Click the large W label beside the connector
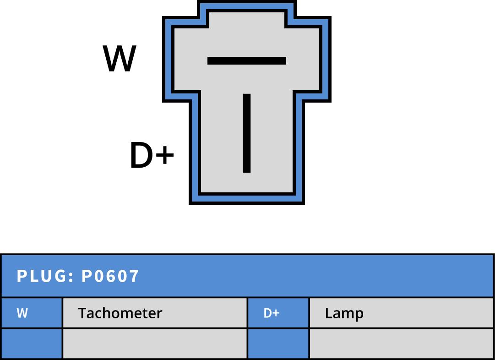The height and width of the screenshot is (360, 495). (x=120, y=59)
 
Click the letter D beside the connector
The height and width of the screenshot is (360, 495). (x=141, y=155)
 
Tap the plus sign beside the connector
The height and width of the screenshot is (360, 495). (x=164, y=155)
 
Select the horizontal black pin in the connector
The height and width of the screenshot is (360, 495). (x=246, y=60)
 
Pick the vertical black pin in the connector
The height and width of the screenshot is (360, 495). (x=246, y=133)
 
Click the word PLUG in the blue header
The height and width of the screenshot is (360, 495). (x=42, y=276)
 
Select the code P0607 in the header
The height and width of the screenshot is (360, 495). (x=110, y=276)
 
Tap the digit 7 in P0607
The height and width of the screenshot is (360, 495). (x=133, y=276)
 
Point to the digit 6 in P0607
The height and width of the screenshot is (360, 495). (x=110, y=276)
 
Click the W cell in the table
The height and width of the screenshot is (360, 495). (x=32, y=313)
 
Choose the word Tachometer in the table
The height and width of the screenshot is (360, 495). (x=120, y=313)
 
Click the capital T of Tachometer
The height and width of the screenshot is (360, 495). (x=83, y=313)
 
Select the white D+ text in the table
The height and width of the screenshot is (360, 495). (x=272, y=313)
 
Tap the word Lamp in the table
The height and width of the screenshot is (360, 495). (x=344, y=314)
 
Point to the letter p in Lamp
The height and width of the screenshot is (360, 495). (x=359, y=316)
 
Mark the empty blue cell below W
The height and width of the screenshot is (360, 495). (x=32, y=343)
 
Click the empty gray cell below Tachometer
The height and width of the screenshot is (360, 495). (x=155, y=343)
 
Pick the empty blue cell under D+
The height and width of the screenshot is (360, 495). (x=278, y=343)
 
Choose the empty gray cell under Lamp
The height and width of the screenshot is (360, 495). (x=401, y=343)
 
